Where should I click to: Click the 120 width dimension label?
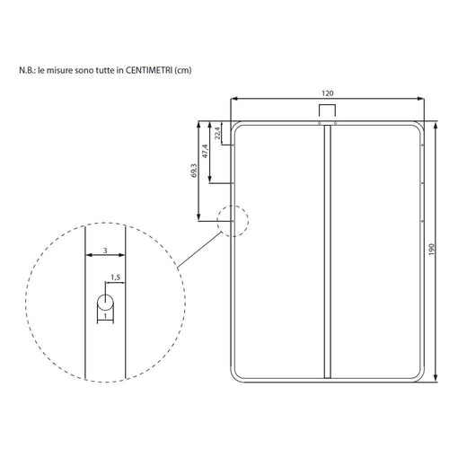327,93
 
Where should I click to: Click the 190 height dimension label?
431,249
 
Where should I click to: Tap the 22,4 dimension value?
217,133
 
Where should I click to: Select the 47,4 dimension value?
205,151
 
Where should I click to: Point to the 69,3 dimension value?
194,171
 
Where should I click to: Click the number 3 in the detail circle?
105,251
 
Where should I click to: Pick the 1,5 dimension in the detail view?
116,277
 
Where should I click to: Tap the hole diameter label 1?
105,316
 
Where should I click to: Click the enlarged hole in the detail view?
105,303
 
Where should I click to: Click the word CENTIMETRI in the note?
148,70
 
